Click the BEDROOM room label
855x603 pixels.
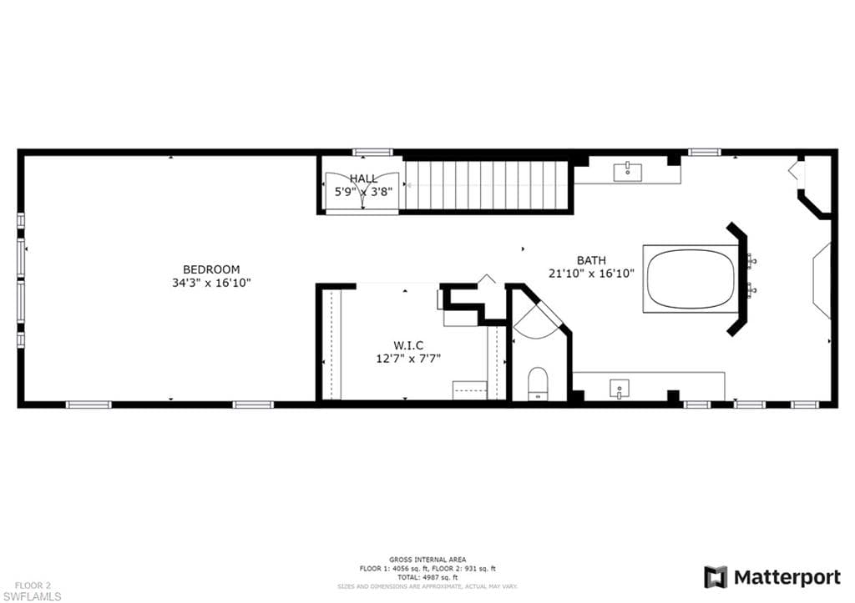(x=211, y=269)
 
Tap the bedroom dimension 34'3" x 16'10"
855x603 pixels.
(x=211, y=283)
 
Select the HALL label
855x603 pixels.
(x=363, y=178)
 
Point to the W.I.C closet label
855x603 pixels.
(x=408, y=345)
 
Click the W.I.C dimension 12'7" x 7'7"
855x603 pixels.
(x=408, y=359)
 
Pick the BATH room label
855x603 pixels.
(x=592, y=260)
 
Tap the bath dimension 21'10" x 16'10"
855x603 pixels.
(x=592, y=274)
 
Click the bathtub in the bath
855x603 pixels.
(x=691, y=279)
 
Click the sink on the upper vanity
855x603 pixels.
(x=628, y=171)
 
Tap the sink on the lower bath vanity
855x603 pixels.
(x=619, y=389)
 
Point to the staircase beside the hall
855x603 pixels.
(x=487, y=184)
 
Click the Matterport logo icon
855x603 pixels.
(x=716, y=577)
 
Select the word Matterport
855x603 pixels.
(x=787, y=577)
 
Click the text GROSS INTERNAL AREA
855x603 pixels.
(x=427, y=560)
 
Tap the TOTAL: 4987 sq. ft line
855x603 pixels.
(x=427, y=577)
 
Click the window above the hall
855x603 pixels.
(x=372, y=152)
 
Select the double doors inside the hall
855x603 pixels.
(x=362, y=191)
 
